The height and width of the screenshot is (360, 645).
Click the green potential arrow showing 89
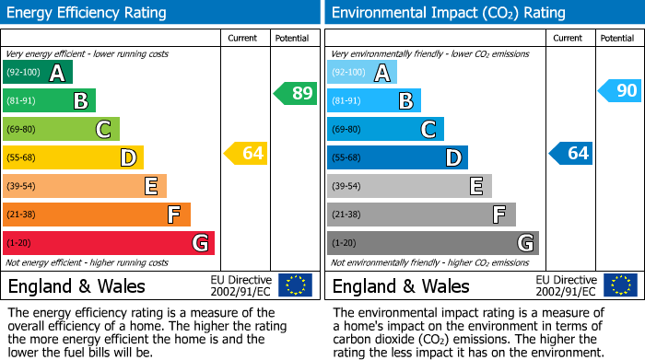[295, 93]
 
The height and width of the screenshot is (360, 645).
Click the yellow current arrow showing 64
[245, 153]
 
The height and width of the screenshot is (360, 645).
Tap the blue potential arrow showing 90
[619, 90]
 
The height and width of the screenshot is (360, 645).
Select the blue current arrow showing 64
[569, 153]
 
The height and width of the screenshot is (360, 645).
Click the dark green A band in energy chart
[38, 73]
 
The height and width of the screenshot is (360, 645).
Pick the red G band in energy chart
[109, 243]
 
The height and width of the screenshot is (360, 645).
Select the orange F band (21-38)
[97, 215]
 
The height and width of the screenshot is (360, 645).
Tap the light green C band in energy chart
[61, 129]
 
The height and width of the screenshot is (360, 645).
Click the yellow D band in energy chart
[73, 157]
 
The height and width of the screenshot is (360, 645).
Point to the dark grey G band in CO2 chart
[432, 243]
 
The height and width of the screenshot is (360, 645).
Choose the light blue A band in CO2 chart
[362, 73]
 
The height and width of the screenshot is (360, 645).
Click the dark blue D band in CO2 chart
[397, 157]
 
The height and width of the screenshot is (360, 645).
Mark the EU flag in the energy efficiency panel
[296, 285]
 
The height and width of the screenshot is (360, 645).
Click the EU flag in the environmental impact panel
[620, 285]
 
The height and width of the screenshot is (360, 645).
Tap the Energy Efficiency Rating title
[88, 13]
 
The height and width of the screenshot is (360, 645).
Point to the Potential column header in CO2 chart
[617, 38]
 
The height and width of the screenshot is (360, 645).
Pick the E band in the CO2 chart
[409, 186]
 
